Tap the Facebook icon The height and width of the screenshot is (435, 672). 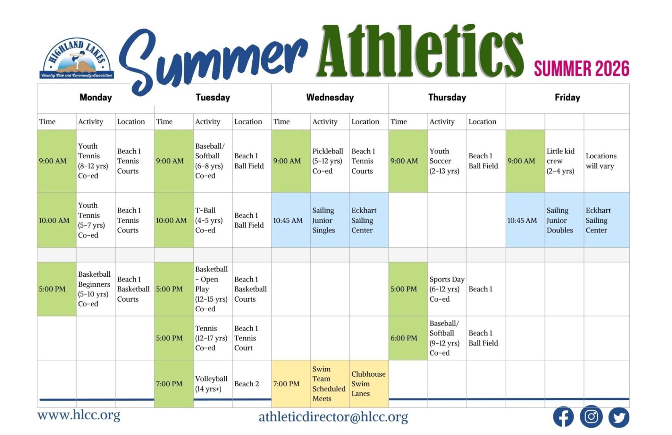coord(563,416)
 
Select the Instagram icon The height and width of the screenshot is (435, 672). coord(591,416)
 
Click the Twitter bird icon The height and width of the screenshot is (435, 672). coord(618,417)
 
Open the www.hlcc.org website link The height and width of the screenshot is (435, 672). coord(79,415)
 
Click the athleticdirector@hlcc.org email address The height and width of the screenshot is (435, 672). coord(333,417)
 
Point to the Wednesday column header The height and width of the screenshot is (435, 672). coord(330,97)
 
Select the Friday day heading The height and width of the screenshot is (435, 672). coord(567,97)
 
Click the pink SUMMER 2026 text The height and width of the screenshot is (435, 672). coord(581,69)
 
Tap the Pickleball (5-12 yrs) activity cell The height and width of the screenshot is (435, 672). coord(328,161)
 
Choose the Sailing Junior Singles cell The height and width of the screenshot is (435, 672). coord(324,220)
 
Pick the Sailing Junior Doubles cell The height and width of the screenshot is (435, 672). coord(559,220)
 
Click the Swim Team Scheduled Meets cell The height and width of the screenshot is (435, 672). coord(328,383)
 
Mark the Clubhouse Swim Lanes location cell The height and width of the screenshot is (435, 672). coord(368,383)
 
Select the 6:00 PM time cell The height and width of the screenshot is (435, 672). coord(404,338)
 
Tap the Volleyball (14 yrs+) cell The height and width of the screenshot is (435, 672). coord(211,383)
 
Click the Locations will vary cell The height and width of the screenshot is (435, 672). coord(601,161)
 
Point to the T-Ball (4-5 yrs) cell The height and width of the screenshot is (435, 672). coord(209,220)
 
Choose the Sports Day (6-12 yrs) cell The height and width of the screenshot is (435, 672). coord(446,289)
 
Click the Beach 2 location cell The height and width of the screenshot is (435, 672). coord(246,384)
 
